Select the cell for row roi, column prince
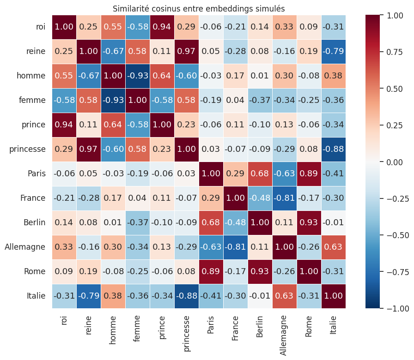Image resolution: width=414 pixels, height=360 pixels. pyautogui.click(x=162, y=27)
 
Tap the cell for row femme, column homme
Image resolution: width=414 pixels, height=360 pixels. pyautogui.click(x=113, y=100)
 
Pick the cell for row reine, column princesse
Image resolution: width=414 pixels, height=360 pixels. pyautogui.click(x=187, y=51)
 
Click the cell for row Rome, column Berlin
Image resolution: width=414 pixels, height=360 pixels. pyautogui.click(x=260, y=271)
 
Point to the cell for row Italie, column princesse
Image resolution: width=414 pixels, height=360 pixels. pyautogui.click(x=187, y=296)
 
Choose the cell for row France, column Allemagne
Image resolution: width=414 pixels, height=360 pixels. pyautogui.click(x=285, y=198)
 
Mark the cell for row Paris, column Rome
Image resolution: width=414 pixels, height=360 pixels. pyautogui.click(x=309, y=174)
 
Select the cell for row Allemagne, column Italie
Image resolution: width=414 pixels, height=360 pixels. pyautogui.click(x=334, y=247)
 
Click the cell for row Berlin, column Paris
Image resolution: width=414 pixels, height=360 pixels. pyautogui.click(x=211, y=222)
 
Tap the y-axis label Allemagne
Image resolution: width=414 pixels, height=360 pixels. pyautogui.click(x=25, y=247)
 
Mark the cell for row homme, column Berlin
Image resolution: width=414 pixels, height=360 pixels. pyautogui.click(x=260, y=76)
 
